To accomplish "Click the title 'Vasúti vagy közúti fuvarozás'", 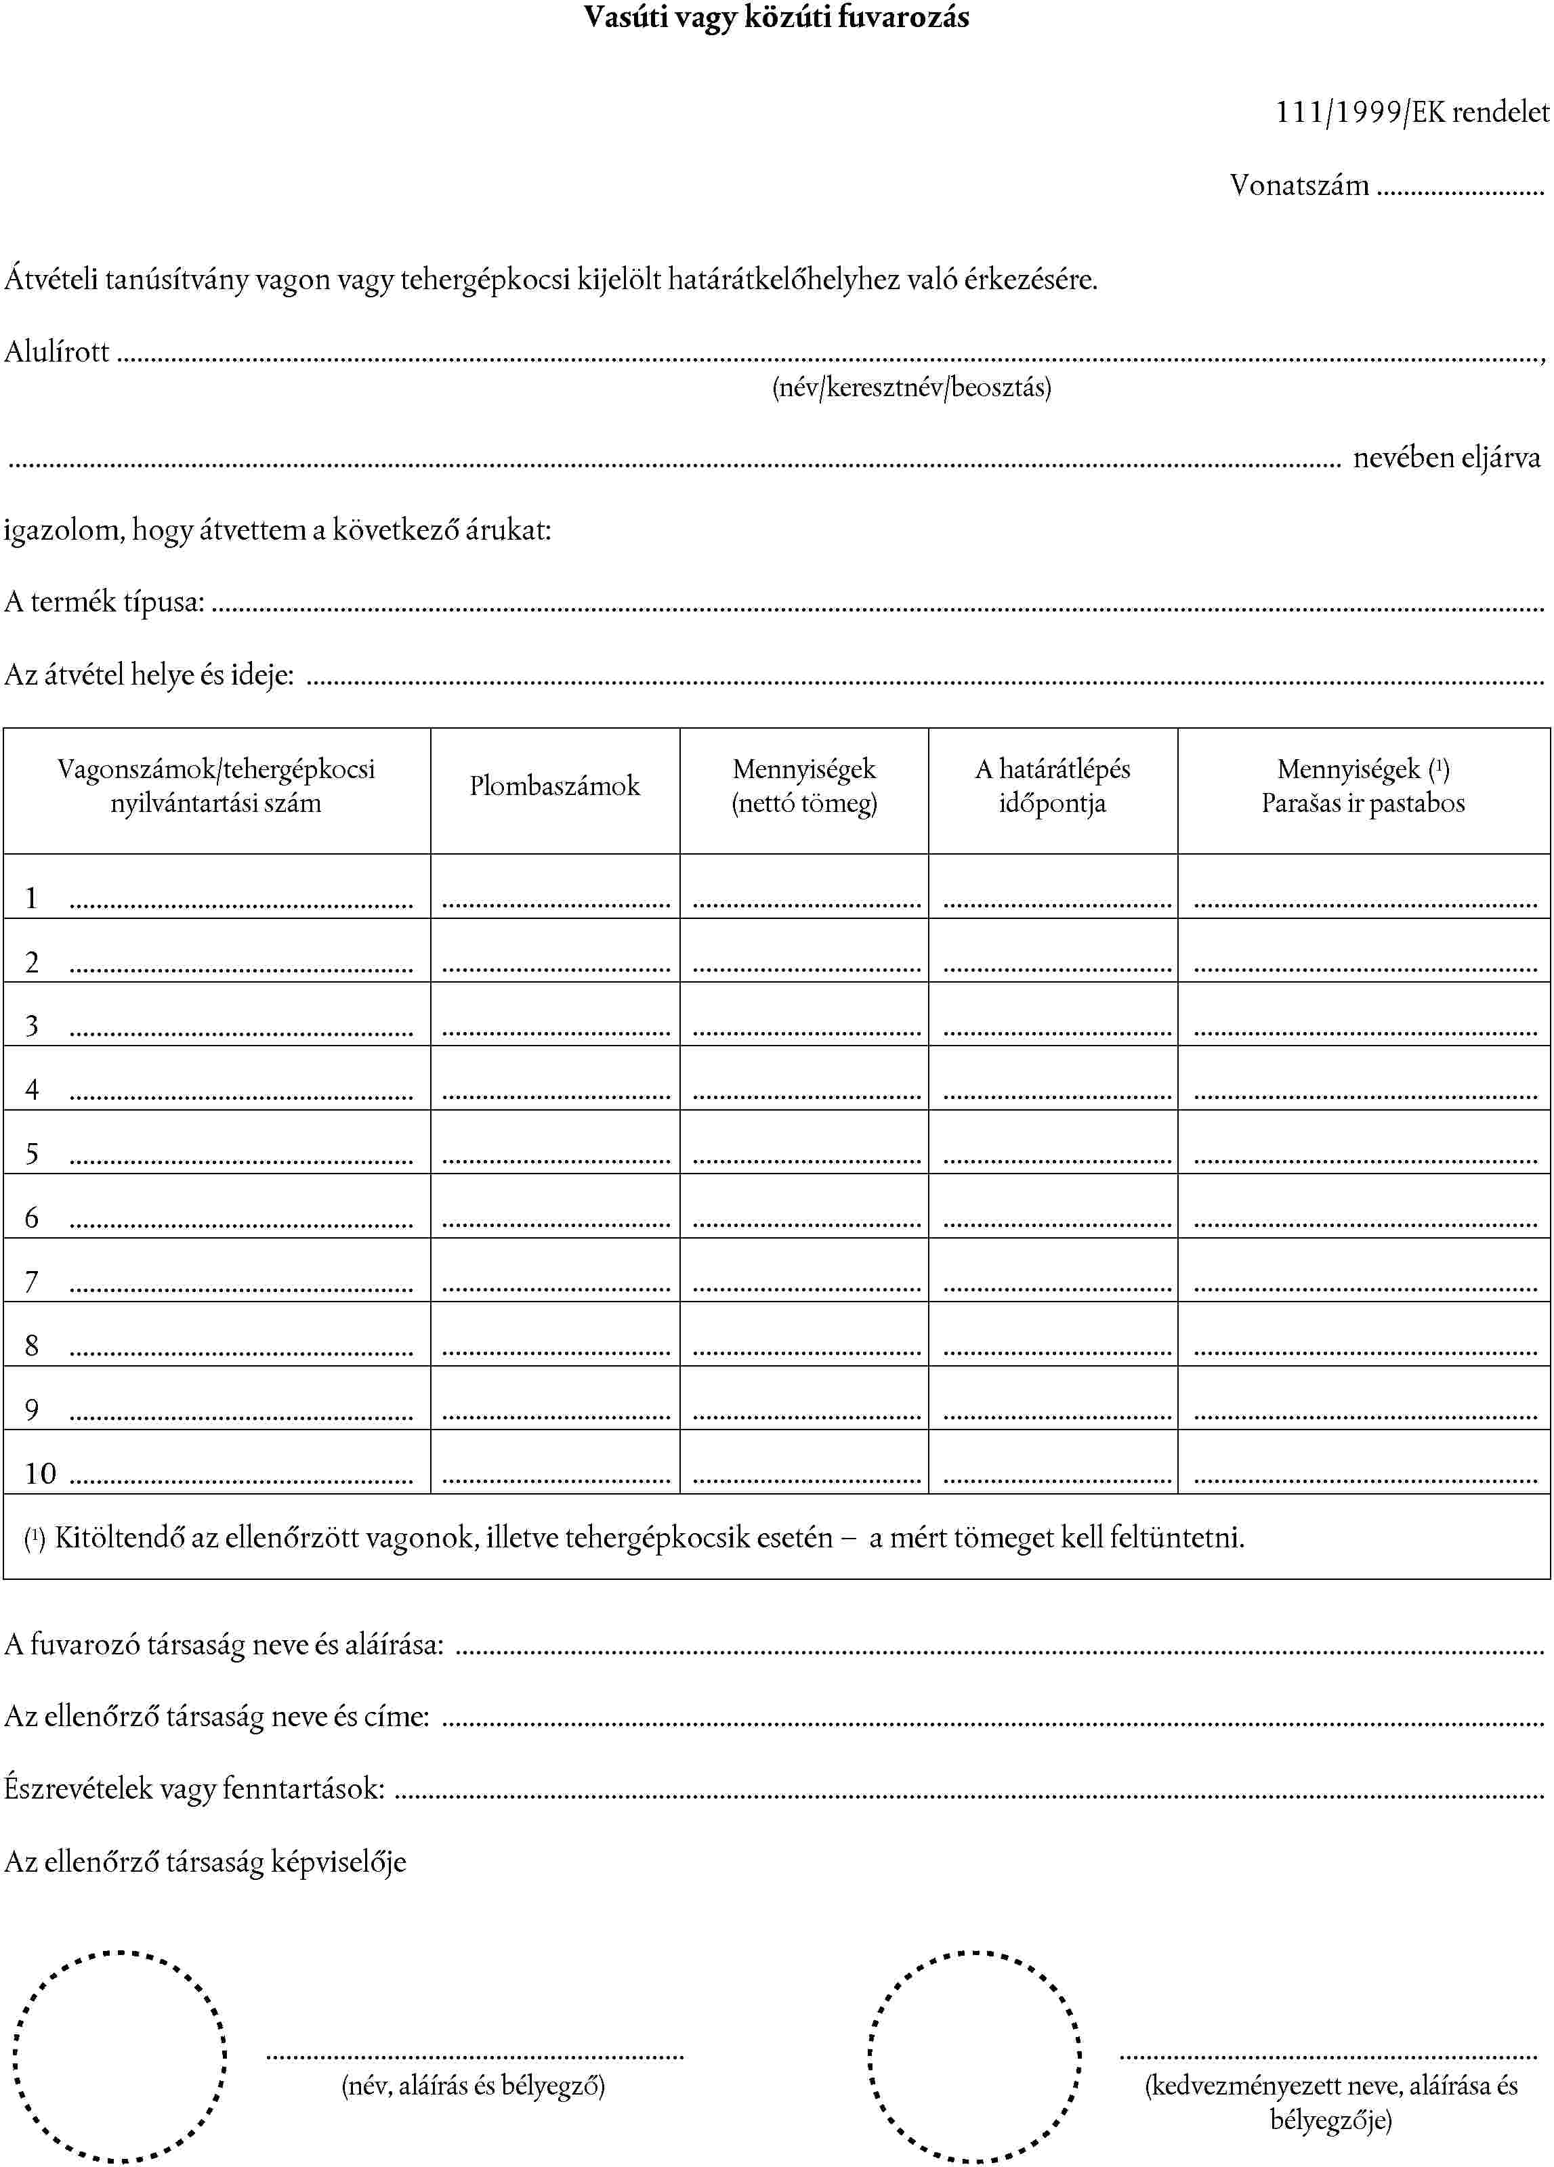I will [x=776, y=17].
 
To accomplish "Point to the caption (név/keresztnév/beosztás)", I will [x=911, y=387].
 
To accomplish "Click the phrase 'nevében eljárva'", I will [x=1446, y=458].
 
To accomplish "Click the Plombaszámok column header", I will [x=554, y=786].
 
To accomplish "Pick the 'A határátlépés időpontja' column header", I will [x=1052, y=786].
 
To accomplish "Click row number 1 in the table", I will [x=32, y=898].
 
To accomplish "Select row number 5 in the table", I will [x=32, y=1154].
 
